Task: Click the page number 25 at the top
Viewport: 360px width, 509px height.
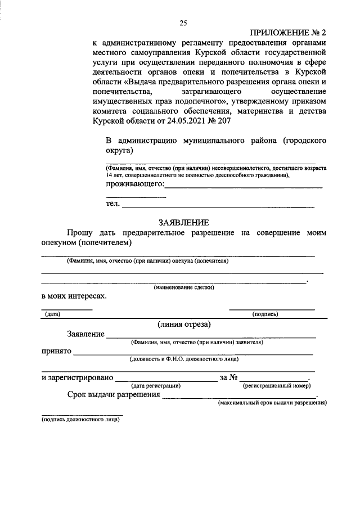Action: pyautogui.click(x=183, y=23)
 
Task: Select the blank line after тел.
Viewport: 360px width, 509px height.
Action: pyautogui.click(x=218, y=207)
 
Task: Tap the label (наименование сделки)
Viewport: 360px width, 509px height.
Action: pyautogui.click(x=184, y=287)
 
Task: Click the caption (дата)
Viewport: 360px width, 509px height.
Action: pyautogui.click(x=53, y=314)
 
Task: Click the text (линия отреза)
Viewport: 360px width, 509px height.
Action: pyautogui.click(x=184, y=324)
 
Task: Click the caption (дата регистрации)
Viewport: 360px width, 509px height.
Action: pyautogui.click(x=156, y=386)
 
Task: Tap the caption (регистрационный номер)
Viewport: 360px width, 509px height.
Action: pyautogui.click(x=276, y=386)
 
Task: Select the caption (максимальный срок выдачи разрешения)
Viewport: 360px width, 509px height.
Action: pyautogui.click(x=272, y=403)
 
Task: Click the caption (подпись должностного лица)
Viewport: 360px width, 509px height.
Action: pyautogui.click(x=80, y=419)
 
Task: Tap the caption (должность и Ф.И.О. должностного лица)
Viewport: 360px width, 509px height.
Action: pyautogui.click(x=184, y=358)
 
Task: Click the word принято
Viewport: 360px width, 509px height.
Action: pyautogui.click(x=56, y=351)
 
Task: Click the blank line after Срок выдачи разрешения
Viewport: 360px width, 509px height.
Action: pyautogui.click(x=239, y=397)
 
